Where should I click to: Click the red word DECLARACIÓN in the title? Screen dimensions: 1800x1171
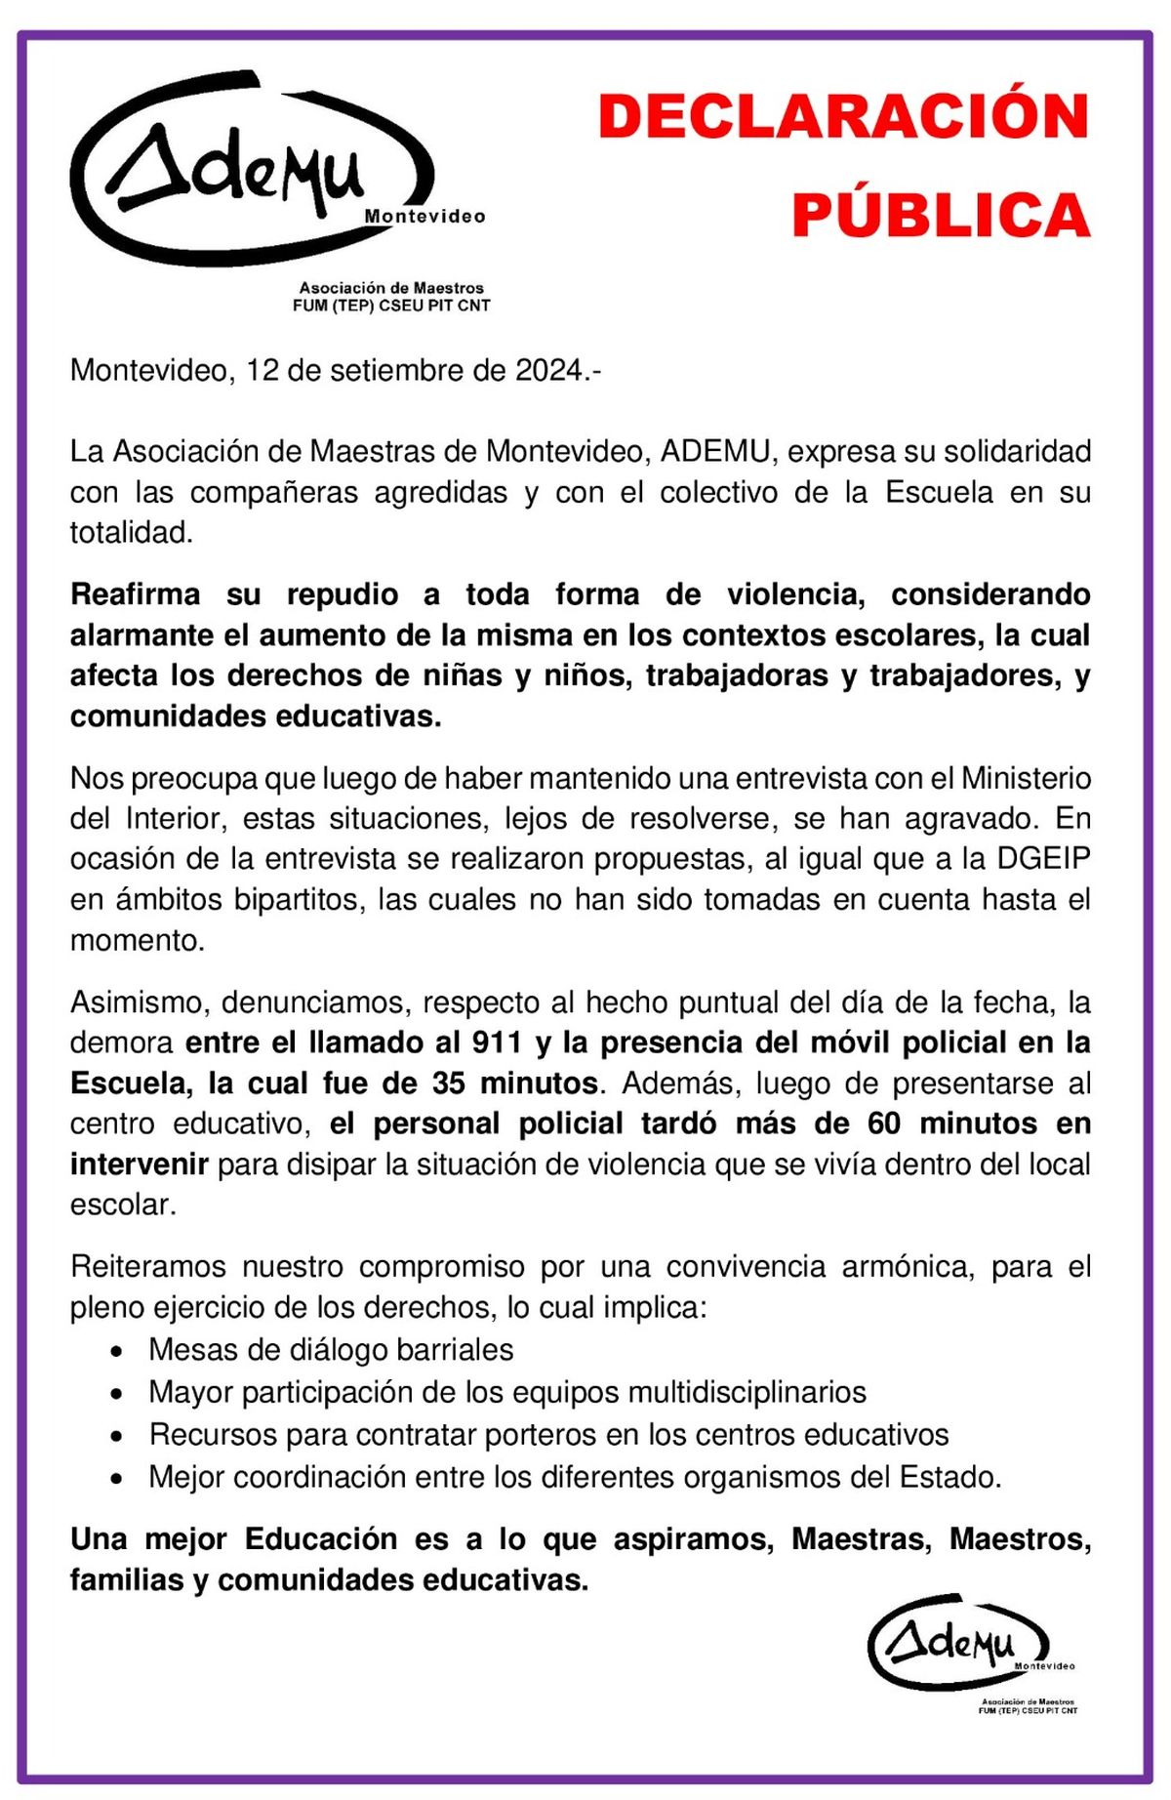843,116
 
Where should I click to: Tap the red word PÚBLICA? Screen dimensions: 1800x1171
941,216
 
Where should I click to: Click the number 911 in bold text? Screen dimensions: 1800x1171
496,1043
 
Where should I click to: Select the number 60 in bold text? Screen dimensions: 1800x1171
884,1124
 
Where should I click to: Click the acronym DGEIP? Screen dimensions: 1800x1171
1043,858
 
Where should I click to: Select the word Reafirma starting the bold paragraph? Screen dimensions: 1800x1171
135,594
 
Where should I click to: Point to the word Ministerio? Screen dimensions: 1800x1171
1026,778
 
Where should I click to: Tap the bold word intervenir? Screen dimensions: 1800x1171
139,1165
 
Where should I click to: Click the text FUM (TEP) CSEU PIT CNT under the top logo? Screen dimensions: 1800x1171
391,306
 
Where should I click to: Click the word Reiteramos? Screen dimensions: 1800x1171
148,1267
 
